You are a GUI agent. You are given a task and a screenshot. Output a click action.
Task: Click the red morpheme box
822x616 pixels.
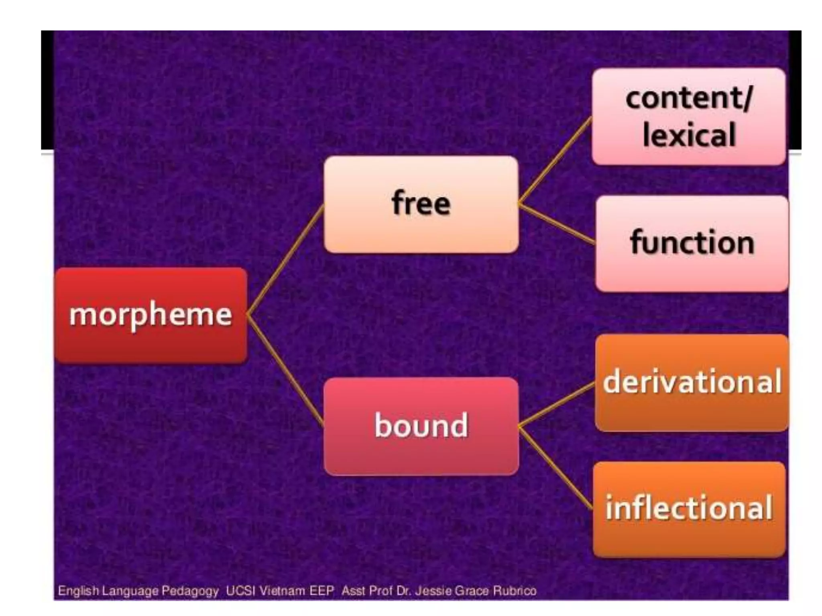(151, 315)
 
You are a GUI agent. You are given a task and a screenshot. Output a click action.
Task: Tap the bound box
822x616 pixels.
(421, 426)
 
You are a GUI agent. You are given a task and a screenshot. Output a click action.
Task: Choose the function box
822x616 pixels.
(692, 243)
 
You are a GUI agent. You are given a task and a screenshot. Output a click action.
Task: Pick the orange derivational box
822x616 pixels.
(692, 382)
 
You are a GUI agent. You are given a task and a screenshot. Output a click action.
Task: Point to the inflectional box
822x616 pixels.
(689, 509)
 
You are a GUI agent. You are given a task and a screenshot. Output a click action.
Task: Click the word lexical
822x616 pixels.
(689, 135)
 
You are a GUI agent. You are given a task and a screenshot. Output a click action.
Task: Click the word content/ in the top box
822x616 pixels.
(689, 98)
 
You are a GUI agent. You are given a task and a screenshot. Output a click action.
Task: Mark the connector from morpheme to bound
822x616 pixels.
(286, 371)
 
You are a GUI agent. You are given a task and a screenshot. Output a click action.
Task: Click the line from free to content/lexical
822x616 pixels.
(555, 160)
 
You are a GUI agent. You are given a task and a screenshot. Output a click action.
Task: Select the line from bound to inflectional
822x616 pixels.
(555, 468)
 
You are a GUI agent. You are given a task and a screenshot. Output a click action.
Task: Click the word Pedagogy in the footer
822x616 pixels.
(190, 591)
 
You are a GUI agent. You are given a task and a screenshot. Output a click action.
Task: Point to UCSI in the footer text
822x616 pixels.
(240, 591)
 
